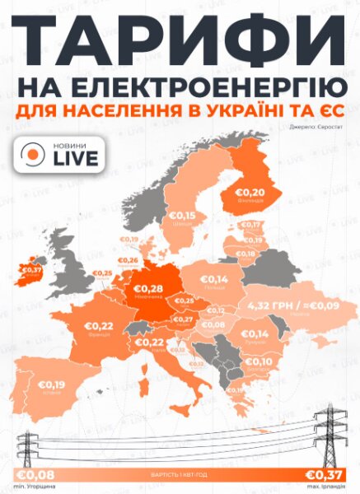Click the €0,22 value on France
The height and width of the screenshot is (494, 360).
coord(97,326)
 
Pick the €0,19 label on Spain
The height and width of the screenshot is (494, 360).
coord(52,384)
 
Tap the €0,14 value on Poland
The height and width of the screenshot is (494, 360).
coord(213,279)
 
